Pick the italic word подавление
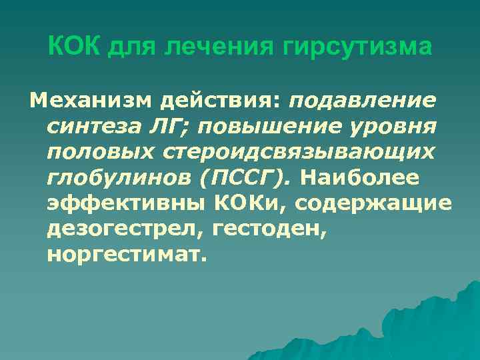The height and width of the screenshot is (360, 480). (363, 101)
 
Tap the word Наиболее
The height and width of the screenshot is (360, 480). (359, 177)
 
